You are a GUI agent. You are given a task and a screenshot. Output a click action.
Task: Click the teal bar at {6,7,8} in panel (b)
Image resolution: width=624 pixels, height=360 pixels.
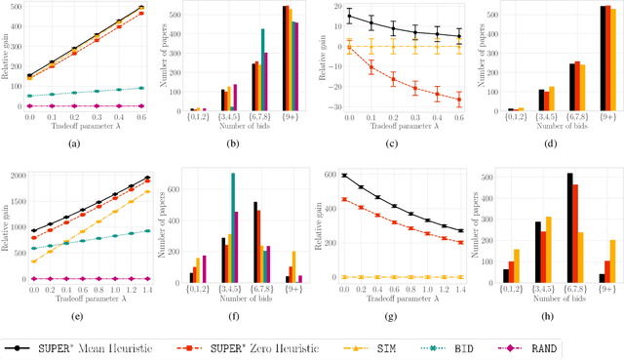(262, 69)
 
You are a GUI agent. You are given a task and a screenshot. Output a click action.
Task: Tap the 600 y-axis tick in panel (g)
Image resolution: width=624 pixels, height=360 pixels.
(329, 176)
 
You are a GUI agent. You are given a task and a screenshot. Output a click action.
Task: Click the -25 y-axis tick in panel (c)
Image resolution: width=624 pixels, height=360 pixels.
(329, 96)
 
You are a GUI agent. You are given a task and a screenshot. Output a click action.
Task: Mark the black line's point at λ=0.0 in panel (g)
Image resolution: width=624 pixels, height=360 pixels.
(344, 176)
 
